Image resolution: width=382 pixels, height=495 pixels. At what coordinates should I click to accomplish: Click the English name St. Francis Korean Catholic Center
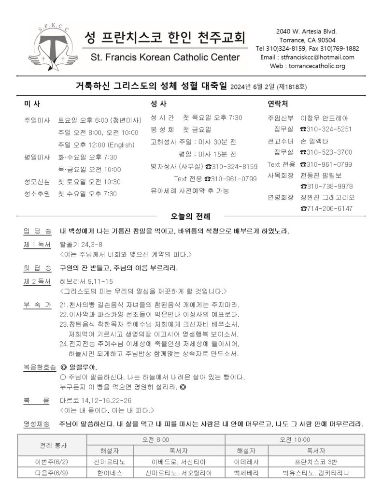(165, 58)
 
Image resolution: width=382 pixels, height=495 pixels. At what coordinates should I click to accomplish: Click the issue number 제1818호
(292, 87)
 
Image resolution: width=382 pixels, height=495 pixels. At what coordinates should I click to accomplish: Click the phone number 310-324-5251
(325, 129)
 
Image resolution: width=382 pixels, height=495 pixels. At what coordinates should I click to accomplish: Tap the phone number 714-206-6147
(326, 208)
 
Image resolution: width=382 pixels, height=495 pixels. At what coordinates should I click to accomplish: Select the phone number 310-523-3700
(325, 152)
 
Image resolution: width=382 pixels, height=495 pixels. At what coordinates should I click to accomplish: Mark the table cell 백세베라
(246, 472)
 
